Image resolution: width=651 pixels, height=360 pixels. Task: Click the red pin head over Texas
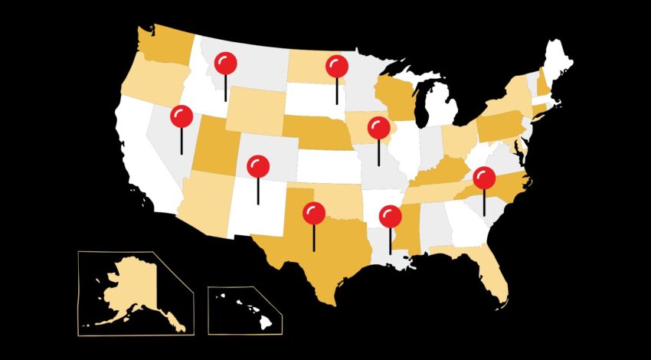click(x=313, y=213)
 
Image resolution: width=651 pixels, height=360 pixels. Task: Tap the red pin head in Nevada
click(x=182, y=116)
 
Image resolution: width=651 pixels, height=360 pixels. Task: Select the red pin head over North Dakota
click(x=336, y=67)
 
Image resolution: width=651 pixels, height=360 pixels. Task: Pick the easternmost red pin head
click(x=484, y=178)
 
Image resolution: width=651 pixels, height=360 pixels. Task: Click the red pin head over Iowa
click(x=378, y=128)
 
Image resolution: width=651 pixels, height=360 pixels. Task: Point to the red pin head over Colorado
click(x=258, y=165)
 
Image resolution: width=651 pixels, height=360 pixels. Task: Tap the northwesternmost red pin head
click(x=225, y=63)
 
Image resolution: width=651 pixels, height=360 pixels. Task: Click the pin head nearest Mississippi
click(x=391, y=217)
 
